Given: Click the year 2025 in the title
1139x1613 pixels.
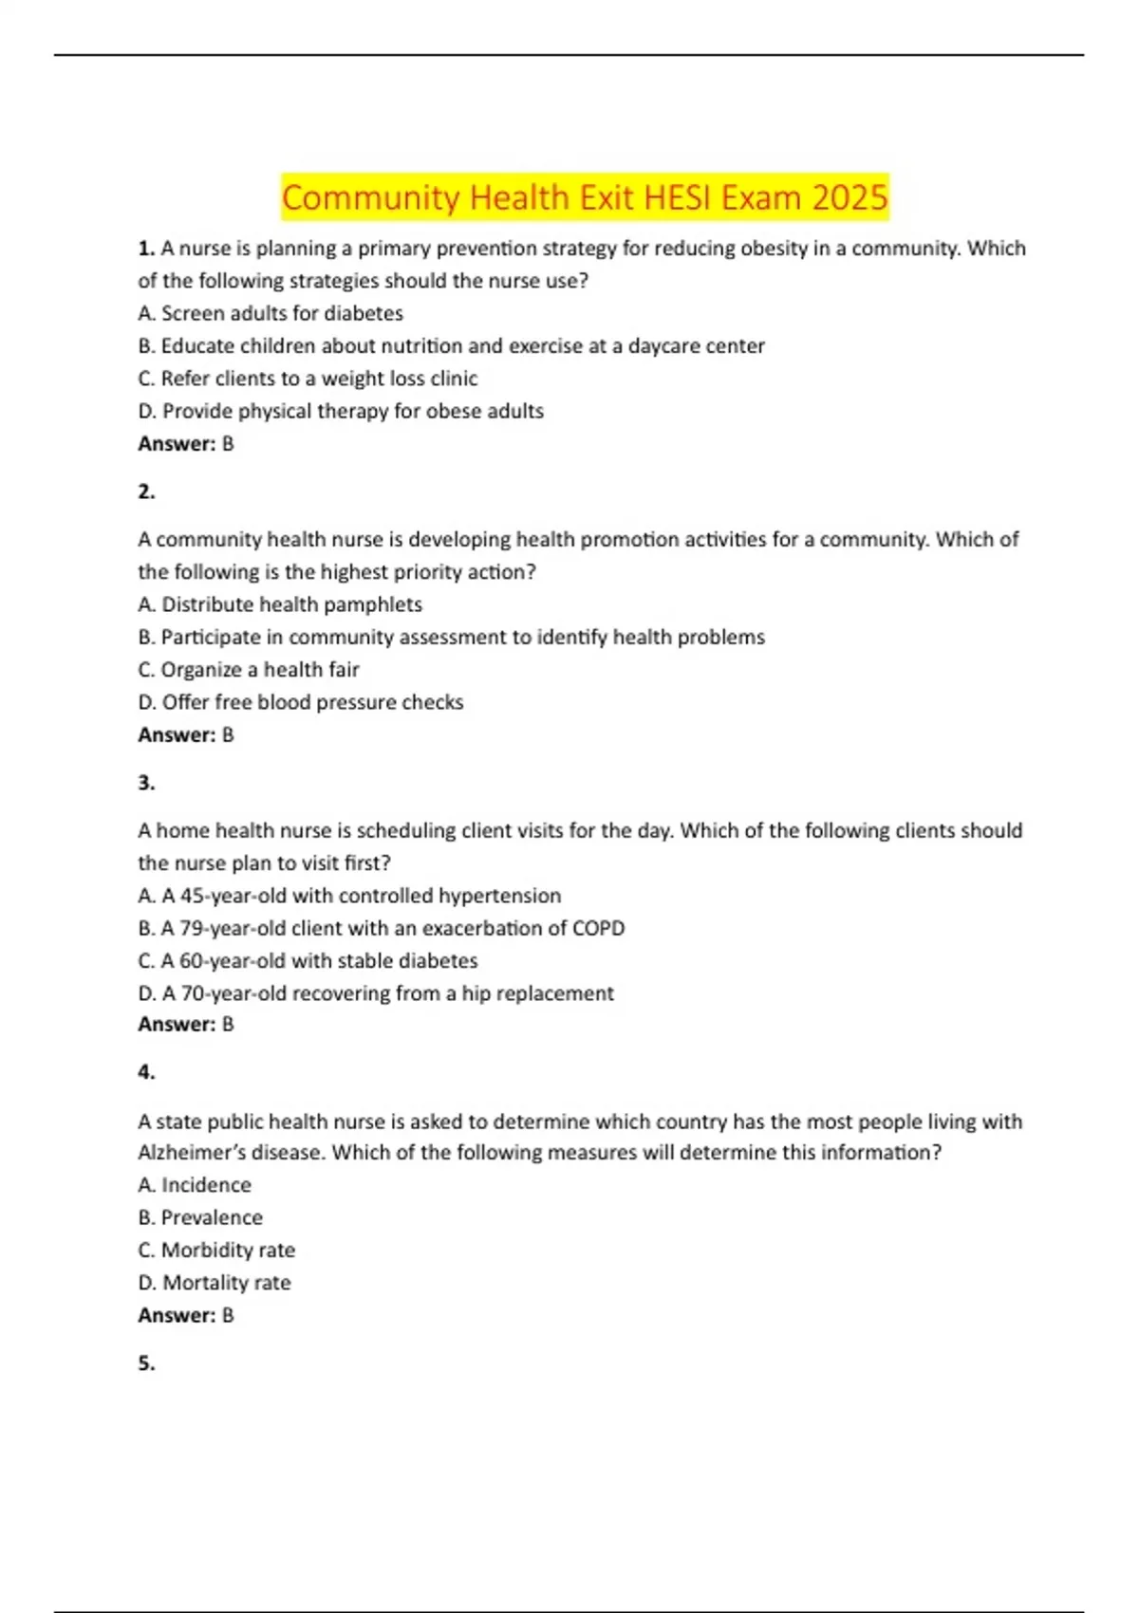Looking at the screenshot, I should click(x=850, y=197).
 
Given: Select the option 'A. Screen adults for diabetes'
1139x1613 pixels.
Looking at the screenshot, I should click(x=271, y=313).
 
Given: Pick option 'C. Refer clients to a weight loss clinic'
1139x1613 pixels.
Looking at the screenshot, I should click(x=308, y=379).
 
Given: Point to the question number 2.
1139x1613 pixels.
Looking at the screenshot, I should click(x=146, y=491).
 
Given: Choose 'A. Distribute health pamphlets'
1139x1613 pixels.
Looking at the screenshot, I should click(x=280, y=604).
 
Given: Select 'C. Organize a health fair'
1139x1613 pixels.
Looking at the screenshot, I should click(x=249, y=670).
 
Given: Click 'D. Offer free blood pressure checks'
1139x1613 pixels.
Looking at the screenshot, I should click(x=301, y=702).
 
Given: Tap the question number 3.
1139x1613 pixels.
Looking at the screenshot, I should click(x=146, y=783).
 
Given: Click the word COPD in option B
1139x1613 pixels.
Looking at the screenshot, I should click(x=598, y=928).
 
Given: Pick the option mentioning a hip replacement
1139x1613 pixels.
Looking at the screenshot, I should click(x=376, y=993).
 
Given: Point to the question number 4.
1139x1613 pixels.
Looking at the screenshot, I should click(x=146, y=1072).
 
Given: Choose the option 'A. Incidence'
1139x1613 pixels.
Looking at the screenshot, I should click(x=195, y=1185).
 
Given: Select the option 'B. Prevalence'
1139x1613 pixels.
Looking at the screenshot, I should click(x=200, y=1217).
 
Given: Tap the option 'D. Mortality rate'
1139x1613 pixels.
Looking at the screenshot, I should click(x=215, y=1283).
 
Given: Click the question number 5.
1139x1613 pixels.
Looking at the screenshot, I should click(x=146, y=1363).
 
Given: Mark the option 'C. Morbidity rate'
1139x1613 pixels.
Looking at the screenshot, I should click(x=216, y=1251).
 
